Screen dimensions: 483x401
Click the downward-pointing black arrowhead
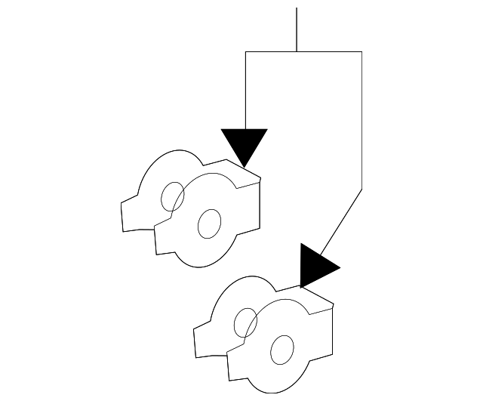(245, 143)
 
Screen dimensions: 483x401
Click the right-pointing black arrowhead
(315, 267)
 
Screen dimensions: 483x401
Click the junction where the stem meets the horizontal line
(297, 51)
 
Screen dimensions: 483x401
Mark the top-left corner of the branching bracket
(245, 51)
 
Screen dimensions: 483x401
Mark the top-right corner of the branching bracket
(362, 51)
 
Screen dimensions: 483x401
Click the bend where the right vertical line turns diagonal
(362, 189)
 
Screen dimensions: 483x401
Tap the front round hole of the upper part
(209, 223)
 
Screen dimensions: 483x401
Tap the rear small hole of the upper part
(173, 196)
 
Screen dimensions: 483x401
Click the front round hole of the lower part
(281, 349)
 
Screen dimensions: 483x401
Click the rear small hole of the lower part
(245, 322)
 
